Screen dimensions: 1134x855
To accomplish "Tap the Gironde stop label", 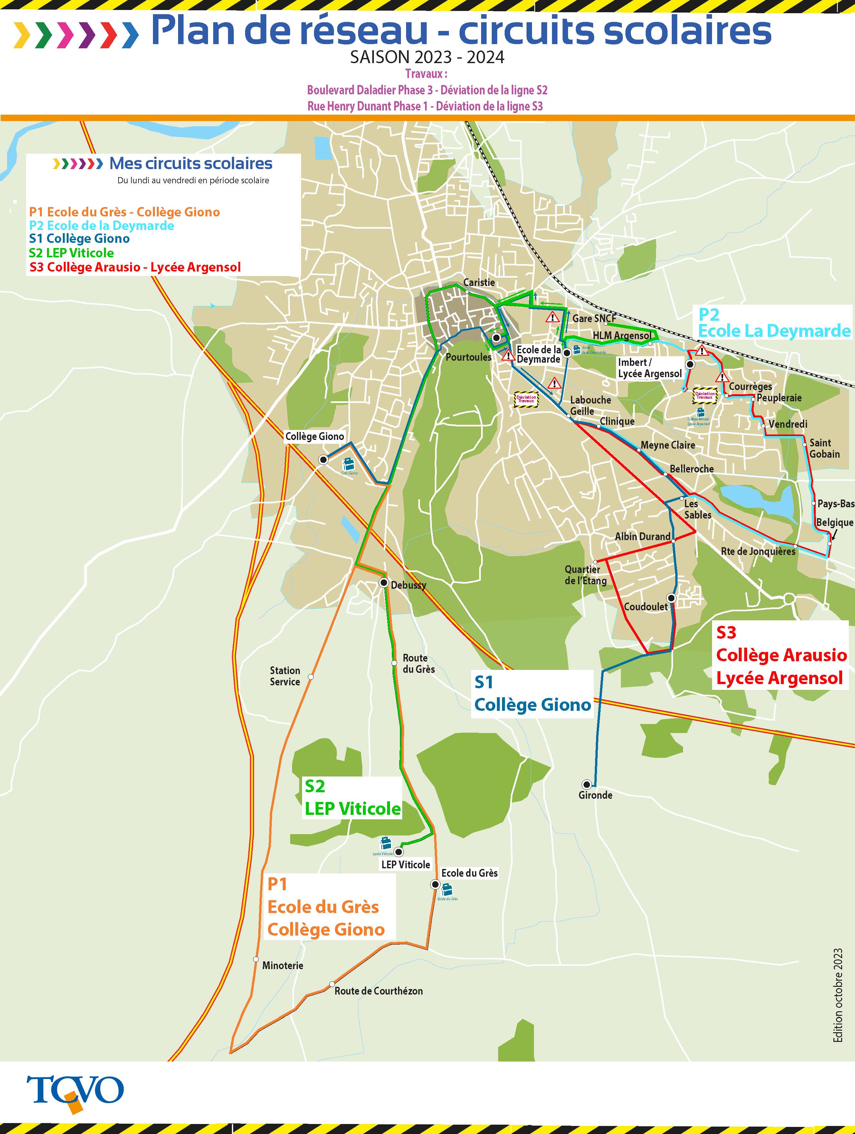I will pyautogui.click(x=595, y=795).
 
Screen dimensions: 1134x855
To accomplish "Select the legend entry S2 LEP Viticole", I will pyautogui.click(x=71, y=253).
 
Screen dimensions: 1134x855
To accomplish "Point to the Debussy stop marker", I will pyautogui.click(x=384, y=583).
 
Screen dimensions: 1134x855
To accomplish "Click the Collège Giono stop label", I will pyautogui.click(x=314, y=436).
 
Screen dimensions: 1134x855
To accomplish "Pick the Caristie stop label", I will pyautogui.click(x=479, y=282).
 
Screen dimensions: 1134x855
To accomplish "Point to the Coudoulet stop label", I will pyautogui.click(x=645, y=606).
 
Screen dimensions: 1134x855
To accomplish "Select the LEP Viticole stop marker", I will pyautogui.click(x=398, y=852).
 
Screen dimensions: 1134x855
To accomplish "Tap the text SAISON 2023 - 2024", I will pyautogui.click(x=427, y=57).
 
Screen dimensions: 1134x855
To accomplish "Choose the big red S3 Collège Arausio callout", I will pyautogui.click(x=780, y=655).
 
